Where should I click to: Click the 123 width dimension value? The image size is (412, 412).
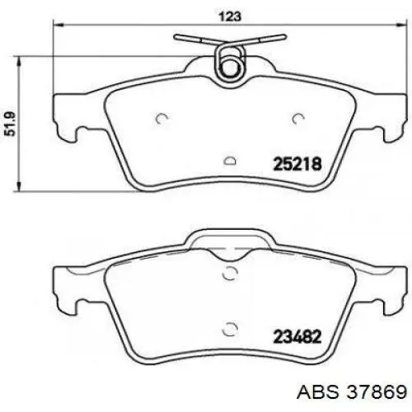click(230, 16)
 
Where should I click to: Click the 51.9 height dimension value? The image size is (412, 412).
click(11, 124)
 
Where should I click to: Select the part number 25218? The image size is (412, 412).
click(297, 164)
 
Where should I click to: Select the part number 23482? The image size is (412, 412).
click(297, 336)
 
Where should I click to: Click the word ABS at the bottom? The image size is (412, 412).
click(318, 392)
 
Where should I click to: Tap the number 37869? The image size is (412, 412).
click(377, 392)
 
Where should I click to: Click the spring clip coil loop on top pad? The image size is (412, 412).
click(230, 63)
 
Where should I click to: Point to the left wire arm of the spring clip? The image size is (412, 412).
click(196, 40)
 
